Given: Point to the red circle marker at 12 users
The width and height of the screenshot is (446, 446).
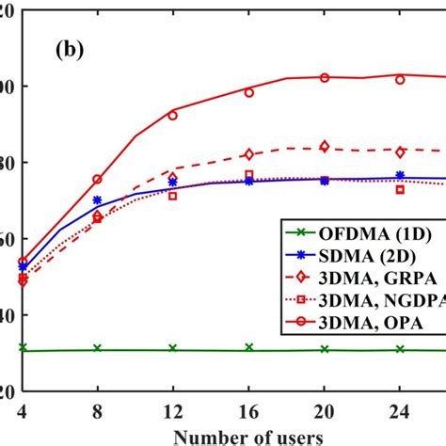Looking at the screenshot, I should click(x=172, y=115).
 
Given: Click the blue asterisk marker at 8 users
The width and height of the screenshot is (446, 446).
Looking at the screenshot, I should click(x=98, y=200).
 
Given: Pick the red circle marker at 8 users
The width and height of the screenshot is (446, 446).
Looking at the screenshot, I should click(x=98, y=179).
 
